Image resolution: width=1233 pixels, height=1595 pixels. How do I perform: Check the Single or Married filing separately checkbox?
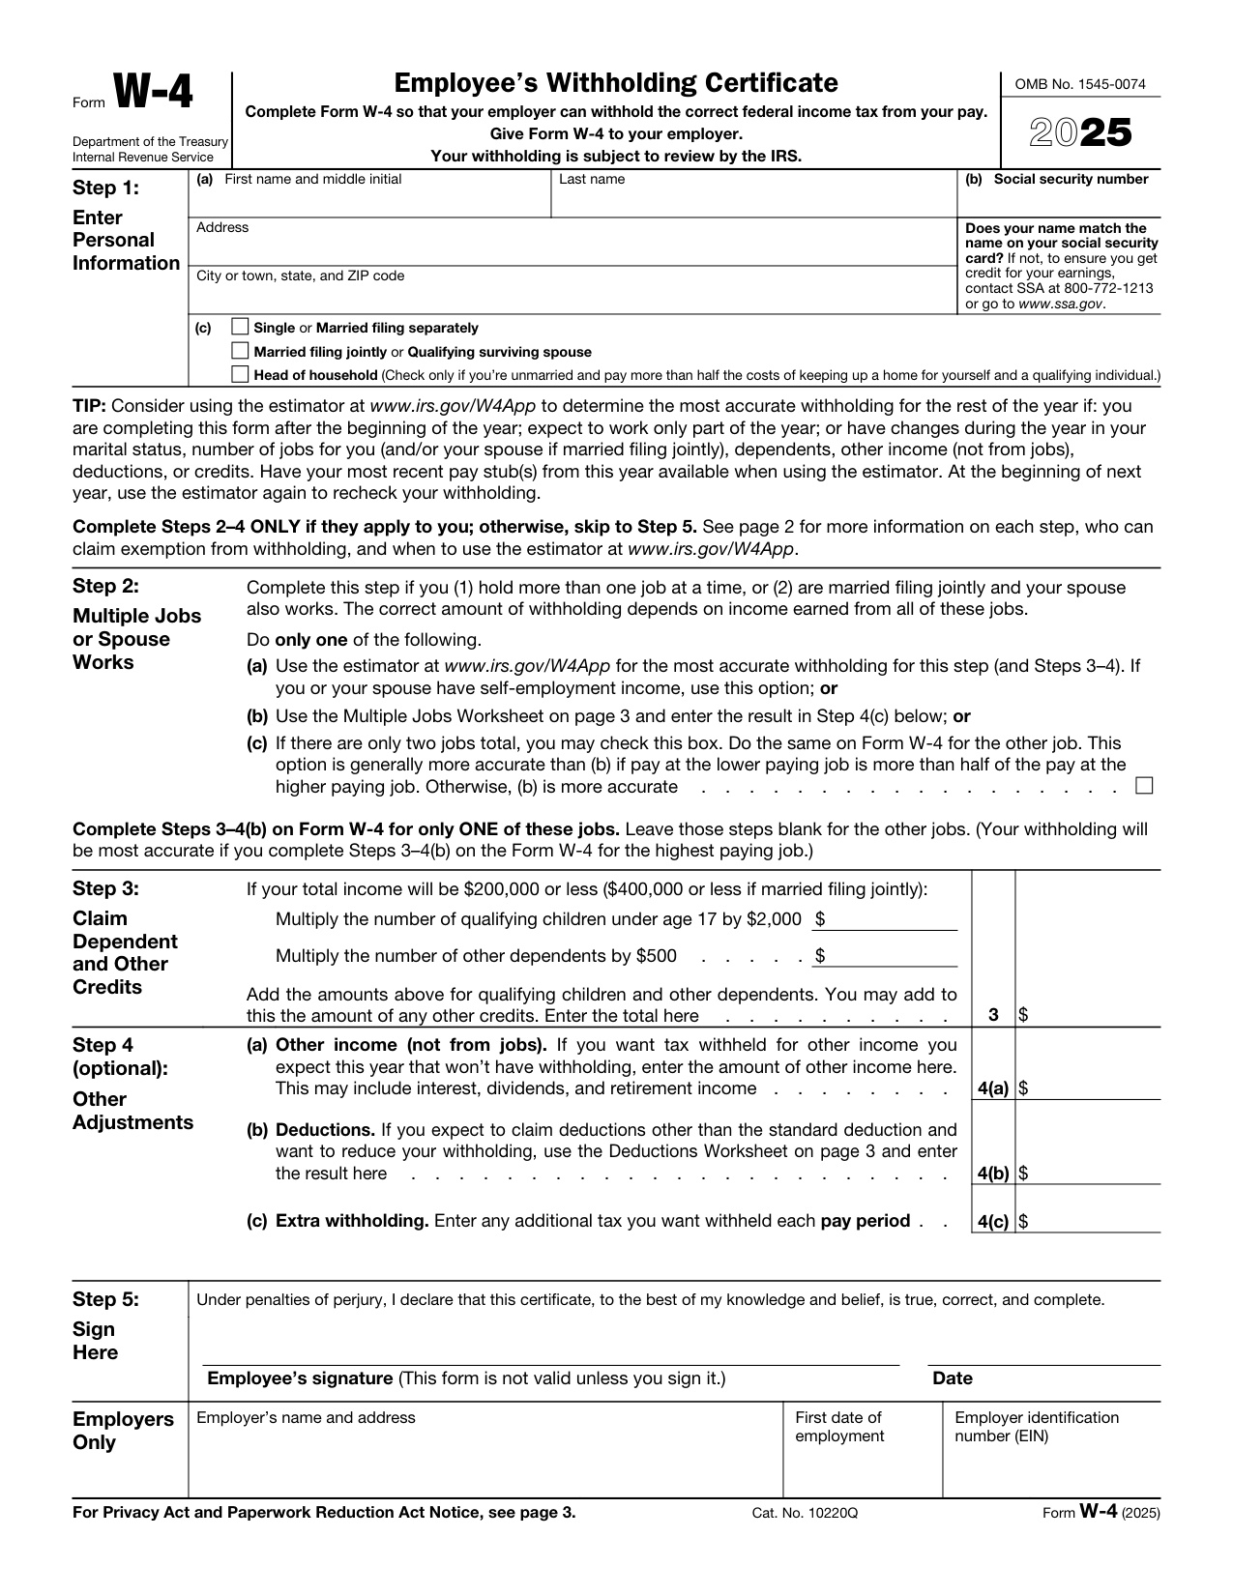(241, 328)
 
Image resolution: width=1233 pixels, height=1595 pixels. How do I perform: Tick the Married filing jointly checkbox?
(241, 351)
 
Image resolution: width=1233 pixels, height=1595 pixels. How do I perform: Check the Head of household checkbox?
(241, 374)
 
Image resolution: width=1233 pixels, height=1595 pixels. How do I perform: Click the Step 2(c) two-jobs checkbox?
(1144, 785)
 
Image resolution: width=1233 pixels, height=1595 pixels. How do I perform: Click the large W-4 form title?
(154, 95)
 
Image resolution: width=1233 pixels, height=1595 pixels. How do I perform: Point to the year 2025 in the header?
(1080, 133)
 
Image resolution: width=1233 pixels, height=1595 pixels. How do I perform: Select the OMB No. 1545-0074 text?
(1080, 84)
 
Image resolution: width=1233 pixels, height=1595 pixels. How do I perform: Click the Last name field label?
(592, 179)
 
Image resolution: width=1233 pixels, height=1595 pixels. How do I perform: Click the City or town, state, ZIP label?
(300, 275)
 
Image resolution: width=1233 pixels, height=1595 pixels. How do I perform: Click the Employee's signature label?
(300, 1378)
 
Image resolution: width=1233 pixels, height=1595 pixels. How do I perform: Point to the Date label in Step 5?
(953, 1378)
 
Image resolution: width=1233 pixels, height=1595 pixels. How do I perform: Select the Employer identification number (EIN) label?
(1036, 1427)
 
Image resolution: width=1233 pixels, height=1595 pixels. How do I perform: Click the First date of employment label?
(838, 1427)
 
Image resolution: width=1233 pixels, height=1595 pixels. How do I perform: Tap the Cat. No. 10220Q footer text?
(805, 1513)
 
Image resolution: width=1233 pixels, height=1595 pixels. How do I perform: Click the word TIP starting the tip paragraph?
(89, 406)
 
